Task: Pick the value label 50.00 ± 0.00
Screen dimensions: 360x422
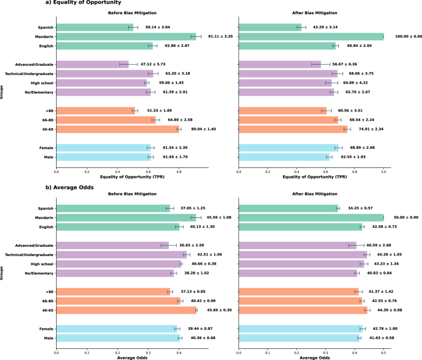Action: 404,217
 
